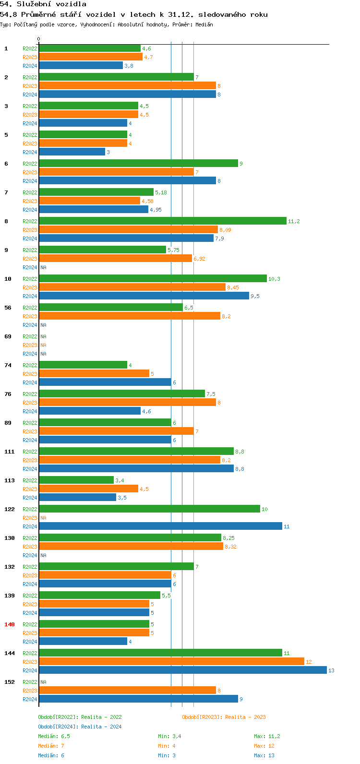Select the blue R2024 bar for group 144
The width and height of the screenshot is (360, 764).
click(182, 670)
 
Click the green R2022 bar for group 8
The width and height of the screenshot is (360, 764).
click(162, 221)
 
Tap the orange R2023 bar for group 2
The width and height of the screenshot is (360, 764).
click(127, 86)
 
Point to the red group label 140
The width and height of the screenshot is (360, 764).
click(10, 624)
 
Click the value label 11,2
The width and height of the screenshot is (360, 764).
click(294, 221)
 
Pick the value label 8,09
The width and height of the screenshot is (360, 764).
click(225, 230)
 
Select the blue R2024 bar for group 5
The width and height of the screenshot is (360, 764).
click(72, 152)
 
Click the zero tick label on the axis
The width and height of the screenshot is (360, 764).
click(39, 39)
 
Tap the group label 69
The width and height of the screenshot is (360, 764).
click(8, 336)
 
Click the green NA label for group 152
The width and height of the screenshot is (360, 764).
click(43, 682)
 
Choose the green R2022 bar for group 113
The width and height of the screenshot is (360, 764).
click(76, 480)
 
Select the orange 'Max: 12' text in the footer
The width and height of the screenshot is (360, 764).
click(264, 746)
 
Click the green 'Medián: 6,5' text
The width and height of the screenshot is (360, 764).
click(54, 736)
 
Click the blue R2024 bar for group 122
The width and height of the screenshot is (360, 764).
click(160, 526)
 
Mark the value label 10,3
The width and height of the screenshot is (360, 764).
click(274, 279)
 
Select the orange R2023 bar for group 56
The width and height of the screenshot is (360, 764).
click(130, 316)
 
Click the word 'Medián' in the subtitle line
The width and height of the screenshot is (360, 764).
click(204, 24)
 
